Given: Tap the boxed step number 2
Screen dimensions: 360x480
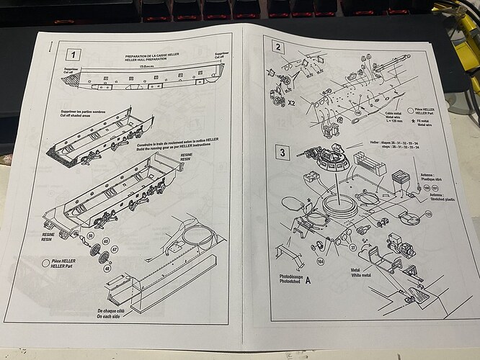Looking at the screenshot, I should [278, 48].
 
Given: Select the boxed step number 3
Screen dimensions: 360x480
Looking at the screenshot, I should [283, 153].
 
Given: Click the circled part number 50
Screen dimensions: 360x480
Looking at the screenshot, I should [90, 236].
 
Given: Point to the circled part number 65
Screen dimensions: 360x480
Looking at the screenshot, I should [105, 241].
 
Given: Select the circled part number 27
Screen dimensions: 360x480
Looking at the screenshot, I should [333, 246].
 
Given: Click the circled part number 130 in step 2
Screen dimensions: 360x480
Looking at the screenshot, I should [357, 113].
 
